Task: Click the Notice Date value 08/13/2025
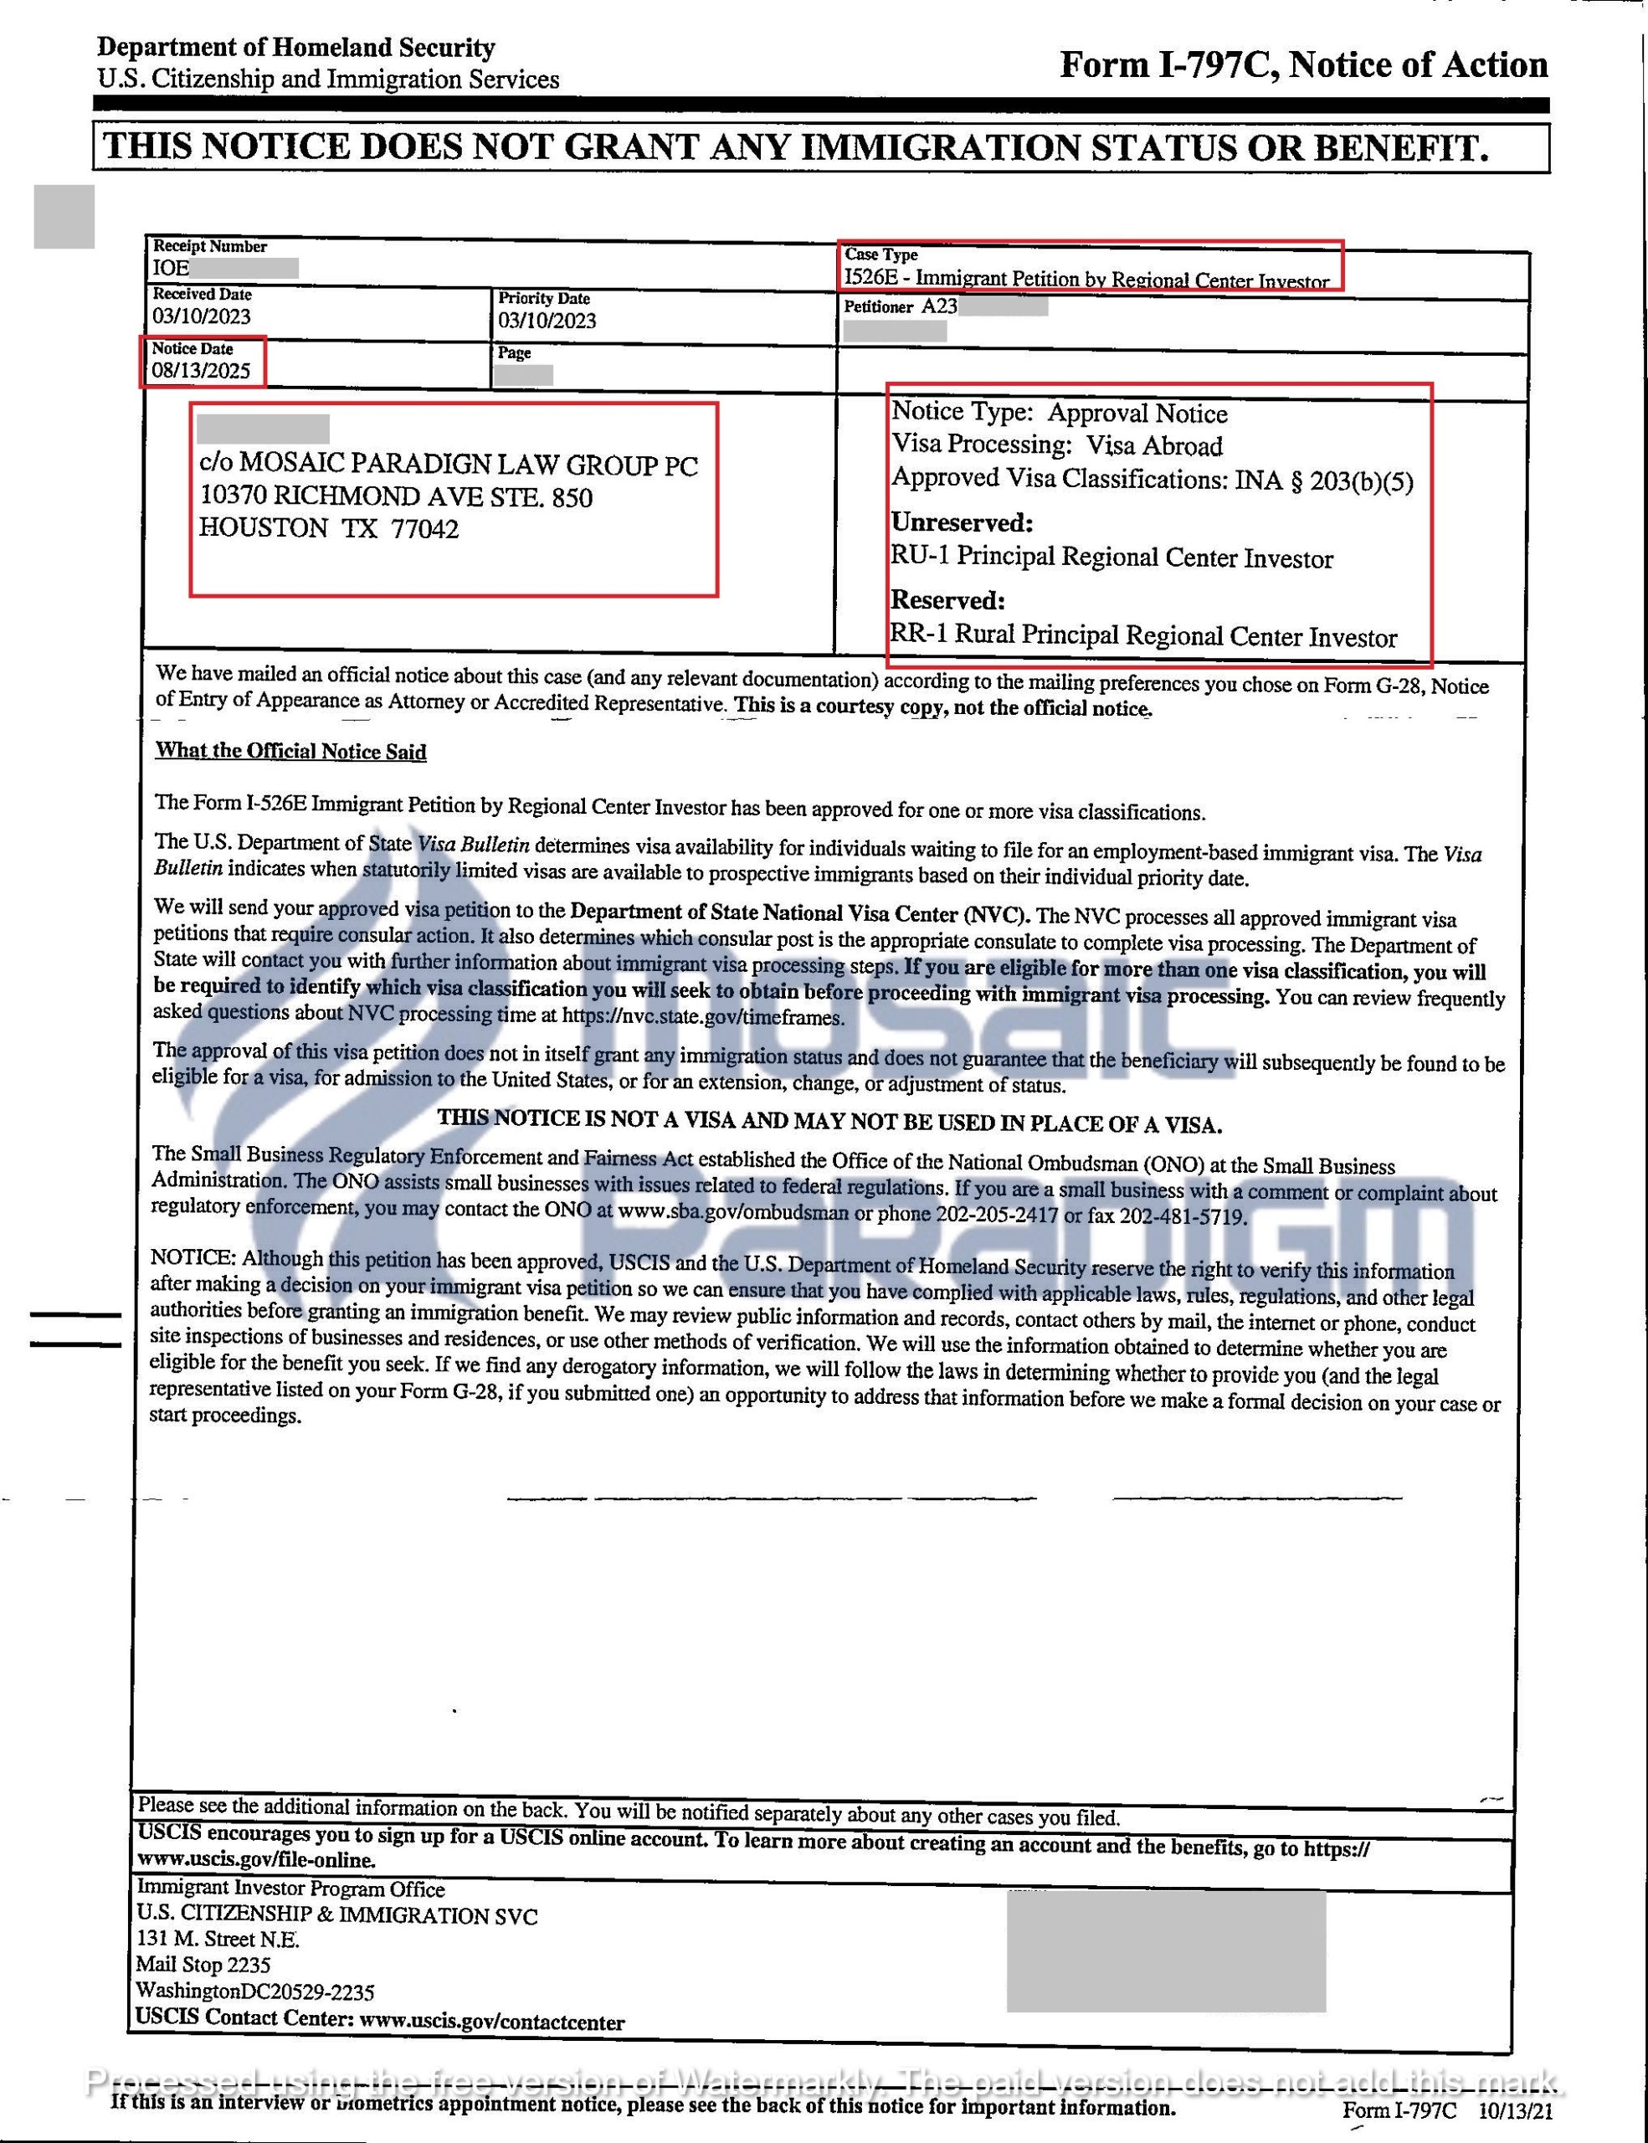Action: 201,371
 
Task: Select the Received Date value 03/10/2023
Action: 201,316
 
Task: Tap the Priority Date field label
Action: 543,298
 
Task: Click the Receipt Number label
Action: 209,246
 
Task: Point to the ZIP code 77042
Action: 424,529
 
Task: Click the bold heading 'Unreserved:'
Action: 962,522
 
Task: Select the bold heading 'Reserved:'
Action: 947,599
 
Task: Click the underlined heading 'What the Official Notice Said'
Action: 290,752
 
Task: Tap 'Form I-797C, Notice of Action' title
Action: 1302,64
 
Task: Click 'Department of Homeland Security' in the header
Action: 295,47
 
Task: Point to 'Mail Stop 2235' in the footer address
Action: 203,1965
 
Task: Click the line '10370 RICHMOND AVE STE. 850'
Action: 396,496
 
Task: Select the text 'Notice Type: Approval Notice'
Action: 1059,413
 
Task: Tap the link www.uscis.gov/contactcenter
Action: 491,2022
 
